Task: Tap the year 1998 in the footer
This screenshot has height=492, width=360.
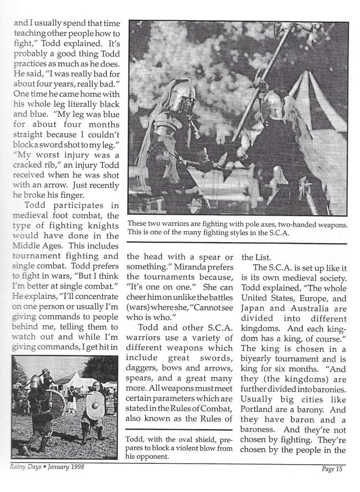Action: [82, 467]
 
